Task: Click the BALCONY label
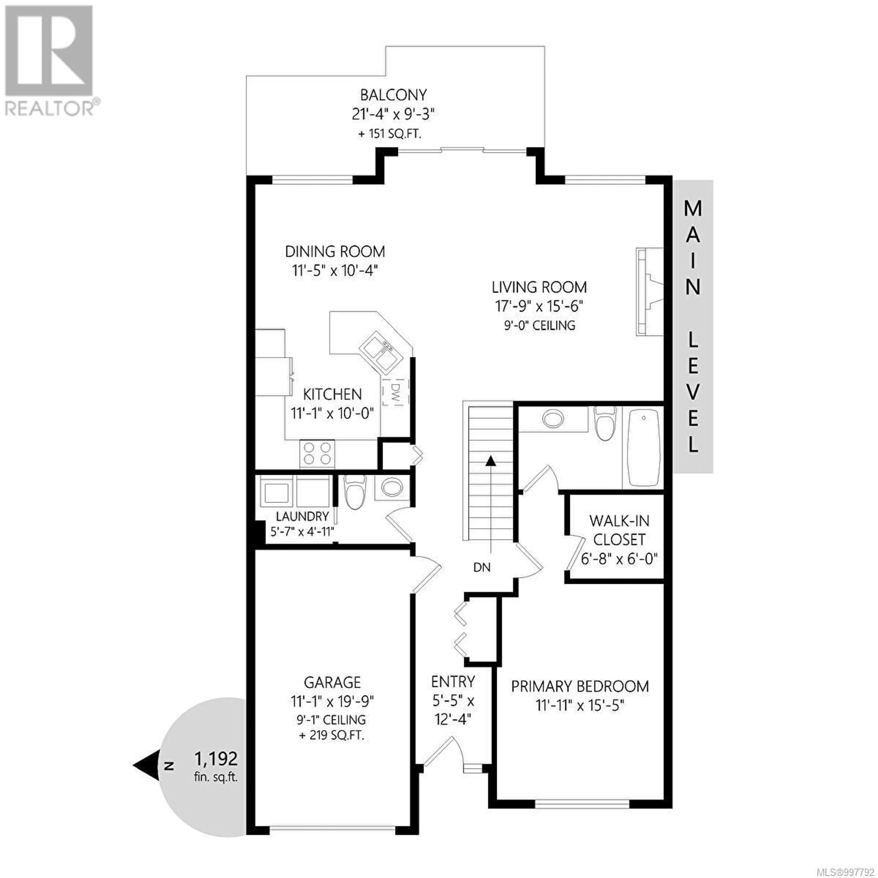tap(393, 95)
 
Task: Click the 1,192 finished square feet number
tap(216, 758)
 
